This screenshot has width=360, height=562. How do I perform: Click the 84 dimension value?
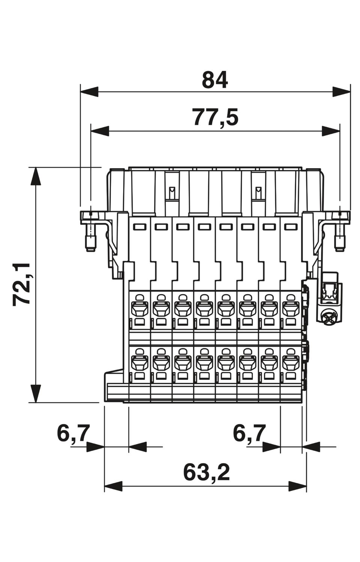(x=214, y=80)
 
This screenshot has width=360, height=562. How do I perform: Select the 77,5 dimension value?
(x=215, y=117)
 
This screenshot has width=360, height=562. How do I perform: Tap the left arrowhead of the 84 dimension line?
(x=89, y=91)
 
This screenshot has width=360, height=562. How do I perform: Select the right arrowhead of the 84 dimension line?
(x=341, y=91)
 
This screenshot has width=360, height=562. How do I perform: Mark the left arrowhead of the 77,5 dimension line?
(x=100, y=131)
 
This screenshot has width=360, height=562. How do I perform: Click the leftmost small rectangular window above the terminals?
(x=139, y=227)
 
